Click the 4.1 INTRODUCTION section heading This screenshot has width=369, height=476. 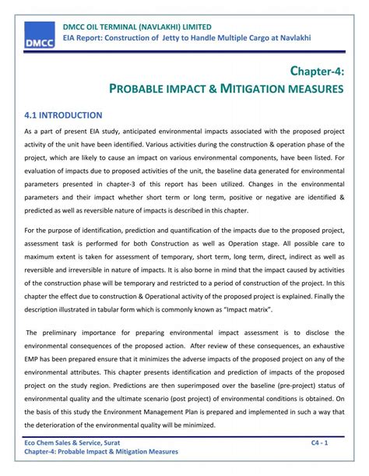tap(64, 115)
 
